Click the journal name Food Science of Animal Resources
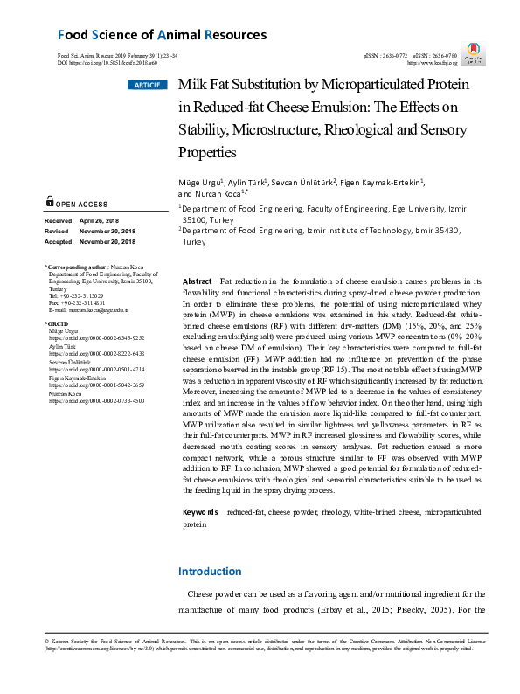(162, 36)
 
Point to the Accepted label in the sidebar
(59, 241)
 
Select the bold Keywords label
(200, 512)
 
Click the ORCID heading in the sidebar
(57, 323)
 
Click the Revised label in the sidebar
(59, 232)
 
